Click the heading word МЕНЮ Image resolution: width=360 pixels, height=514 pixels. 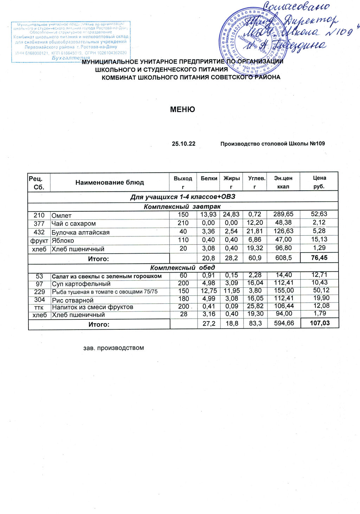tap(182, 109)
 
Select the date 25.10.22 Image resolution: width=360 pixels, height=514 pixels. tap(184, 144)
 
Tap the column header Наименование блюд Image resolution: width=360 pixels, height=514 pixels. tap(109, 182)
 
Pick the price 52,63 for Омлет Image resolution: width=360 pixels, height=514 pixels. tap(319, 214)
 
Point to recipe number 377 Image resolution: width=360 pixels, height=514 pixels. tap(39, 223)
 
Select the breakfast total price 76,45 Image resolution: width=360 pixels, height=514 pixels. tap(319, 258)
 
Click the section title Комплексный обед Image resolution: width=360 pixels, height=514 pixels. tap(182, 267)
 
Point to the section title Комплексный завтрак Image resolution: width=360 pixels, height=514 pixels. tap(182, 207)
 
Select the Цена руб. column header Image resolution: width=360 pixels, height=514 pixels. tap(319, 182)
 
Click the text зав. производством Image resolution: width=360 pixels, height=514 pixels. tap(114, 348)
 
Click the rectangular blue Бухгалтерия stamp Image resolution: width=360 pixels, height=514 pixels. tap(71, 42)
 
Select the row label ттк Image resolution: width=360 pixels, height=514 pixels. tap(39, 307)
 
